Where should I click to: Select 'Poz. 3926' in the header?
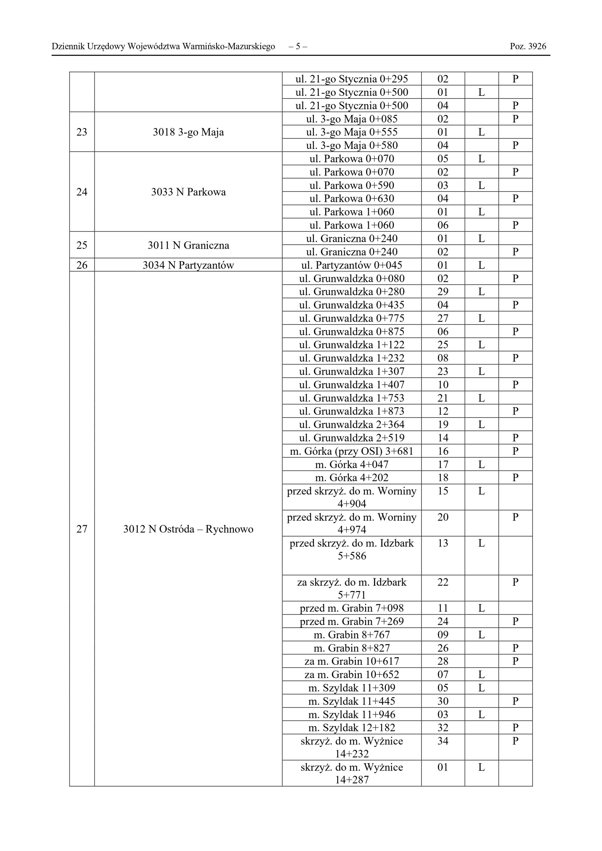528,46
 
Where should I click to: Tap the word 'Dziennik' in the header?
65,46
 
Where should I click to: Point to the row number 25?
81,245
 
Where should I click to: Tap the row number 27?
81,529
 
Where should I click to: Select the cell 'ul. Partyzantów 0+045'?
352,265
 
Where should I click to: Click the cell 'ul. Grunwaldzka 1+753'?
352,398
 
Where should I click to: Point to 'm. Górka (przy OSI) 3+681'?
352,451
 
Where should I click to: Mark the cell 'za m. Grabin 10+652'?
352,674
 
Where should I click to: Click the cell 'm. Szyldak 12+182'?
352,728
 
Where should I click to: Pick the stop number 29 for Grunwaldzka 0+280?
443,292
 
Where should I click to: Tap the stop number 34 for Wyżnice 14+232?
443,741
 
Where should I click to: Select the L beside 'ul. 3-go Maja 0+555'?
482,132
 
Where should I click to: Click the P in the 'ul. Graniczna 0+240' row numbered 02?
515,252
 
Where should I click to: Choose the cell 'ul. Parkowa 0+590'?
352,185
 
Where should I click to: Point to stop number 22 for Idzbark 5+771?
443,582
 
